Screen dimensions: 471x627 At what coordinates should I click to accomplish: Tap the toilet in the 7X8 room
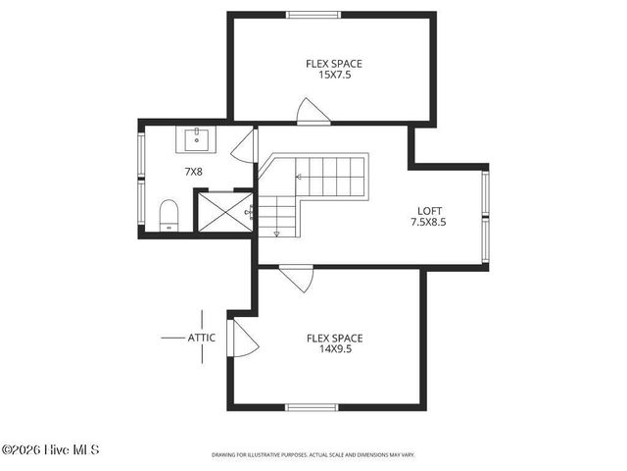coord(169,215)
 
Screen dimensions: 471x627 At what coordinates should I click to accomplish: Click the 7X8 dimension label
coord(194,172)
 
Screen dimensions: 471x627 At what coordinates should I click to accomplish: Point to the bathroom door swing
coord(243,147)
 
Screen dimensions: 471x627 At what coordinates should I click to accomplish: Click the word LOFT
coord(430,210)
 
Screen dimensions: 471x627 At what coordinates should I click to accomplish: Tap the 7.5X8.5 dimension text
coord(430,222)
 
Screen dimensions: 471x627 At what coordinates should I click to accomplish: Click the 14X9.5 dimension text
coord(334,348)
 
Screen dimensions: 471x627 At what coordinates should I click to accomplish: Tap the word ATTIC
coord(201,338)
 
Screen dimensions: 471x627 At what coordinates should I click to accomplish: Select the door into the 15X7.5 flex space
coord(313,112)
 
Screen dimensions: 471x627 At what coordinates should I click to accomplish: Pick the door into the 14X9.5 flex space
coord(297,278)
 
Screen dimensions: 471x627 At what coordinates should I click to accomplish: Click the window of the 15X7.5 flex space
coord(313,15)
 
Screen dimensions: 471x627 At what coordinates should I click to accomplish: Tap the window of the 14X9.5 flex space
coord(312,407)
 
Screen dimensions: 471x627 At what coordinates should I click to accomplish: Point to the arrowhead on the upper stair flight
coord(299,178)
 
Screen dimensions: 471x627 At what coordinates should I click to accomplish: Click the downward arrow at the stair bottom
coord(277,234)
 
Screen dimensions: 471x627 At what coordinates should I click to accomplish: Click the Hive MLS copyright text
coord(50,450)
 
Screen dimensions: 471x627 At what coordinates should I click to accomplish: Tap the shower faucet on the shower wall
coord(249,210)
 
